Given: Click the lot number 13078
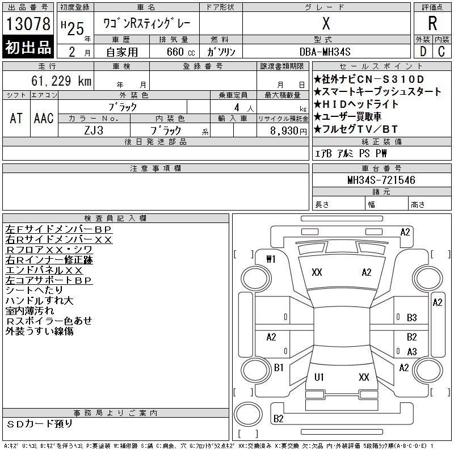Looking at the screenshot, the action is pos(28,24).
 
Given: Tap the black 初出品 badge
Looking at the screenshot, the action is pos(28,47).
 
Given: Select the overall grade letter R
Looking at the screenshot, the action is pos(432,23).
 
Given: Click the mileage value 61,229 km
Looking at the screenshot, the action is pos(61,81).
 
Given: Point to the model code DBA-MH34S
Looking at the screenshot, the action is pos(325,52).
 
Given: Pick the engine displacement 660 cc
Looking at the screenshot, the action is pos(180,52).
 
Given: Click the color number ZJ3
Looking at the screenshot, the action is pos(94,131).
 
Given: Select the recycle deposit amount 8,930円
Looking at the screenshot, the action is pos(288,131).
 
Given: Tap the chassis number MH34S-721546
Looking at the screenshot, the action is pos(381,180).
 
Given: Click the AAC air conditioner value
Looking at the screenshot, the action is pos(44,118).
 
